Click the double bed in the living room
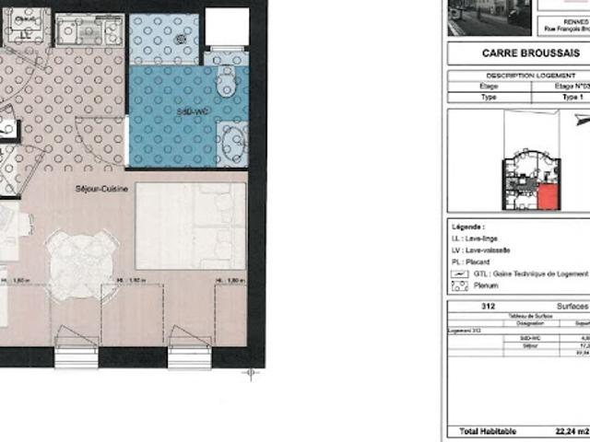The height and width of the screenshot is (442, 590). [191, 226]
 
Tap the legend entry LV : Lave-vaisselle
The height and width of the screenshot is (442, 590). [489, 250]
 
